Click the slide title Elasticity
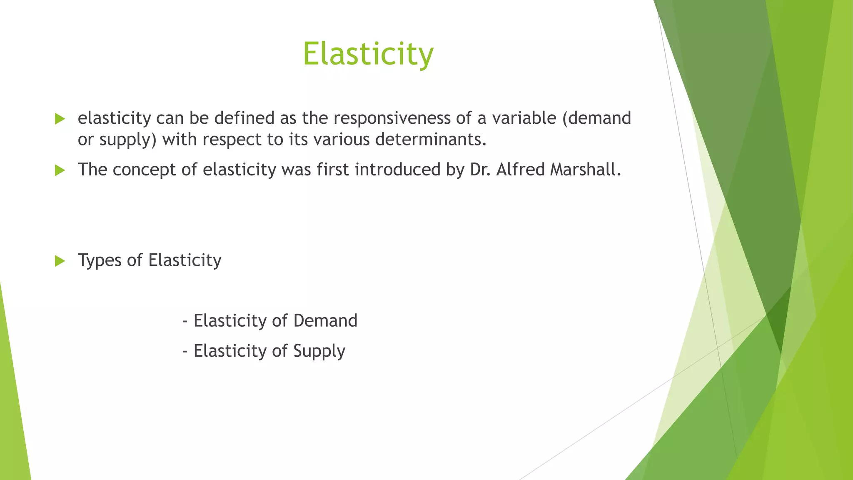368,54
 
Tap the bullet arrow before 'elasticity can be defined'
60,119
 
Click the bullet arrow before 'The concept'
60,170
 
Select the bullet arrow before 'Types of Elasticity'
60,261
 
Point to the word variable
524,118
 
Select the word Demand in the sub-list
325,321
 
